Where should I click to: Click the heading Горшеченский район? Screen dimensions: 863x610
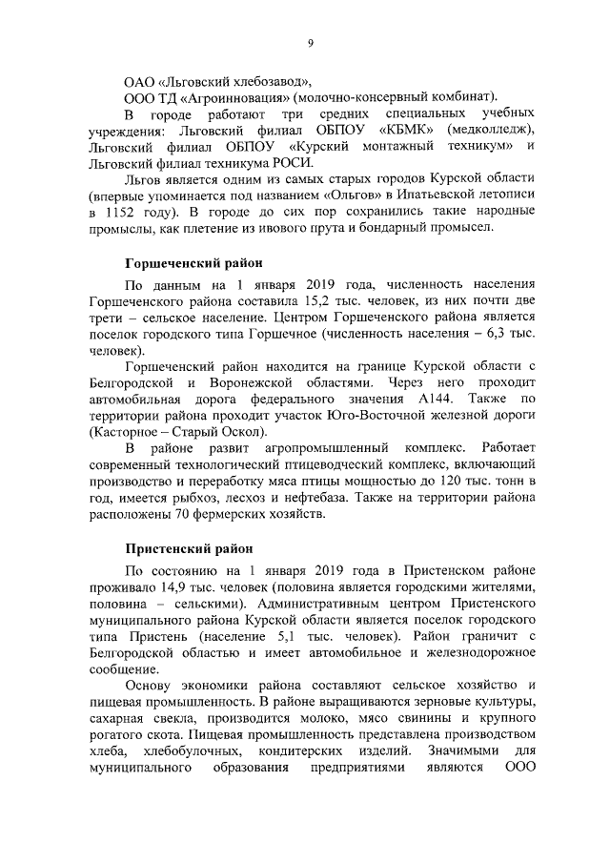click(x=193, y=262)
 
